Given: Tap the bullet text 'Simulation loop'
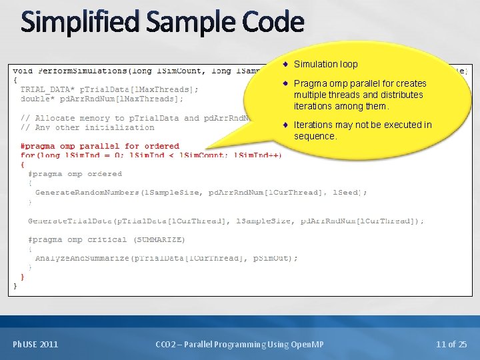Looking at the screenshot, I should tap(325, 64).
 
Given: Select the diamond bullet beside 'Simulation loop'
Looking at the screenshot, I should tap(285, 64).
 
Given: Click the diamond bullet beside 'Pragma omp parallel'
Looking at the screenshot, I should tap(285, 84).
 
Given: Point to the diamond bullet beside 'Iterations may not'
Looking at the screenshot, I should tap(285, 125).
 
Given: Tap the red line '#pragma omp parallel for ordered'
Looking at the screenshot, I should tap(100, 146).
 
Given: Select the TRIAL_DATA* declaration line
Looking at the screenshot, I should tap(109, 89).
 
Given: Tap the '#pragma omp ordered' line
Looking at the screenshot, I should tap(75, 174).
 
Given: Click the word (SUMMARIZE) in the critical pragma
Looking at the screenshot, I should tap(159, 239).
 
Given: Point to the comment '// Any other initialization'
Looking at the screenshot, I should tap(87, 127).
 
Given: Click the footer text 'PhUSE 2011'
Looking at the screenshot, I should tap(35, 344).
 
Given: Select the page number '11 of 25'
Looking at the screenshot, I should tap(451, 344).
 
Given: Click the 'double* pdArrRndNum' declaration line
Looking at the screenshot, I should tap(102, 99).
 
